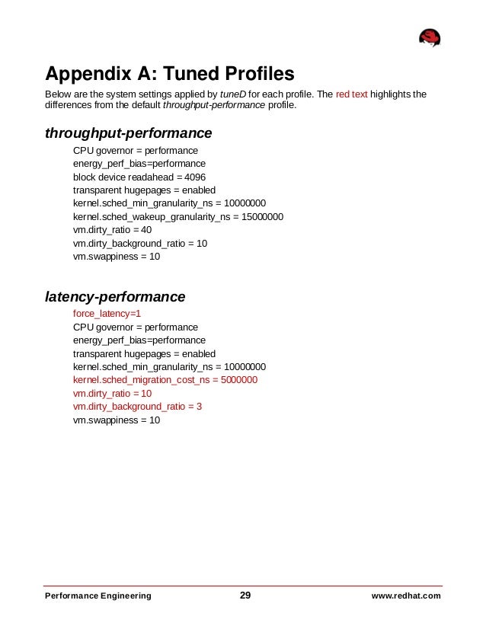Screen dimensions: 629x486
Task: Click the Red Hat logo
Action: pyautogui.click(x=430, y=38)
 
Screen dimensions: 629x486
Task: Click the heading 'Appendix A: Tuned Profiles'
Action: pyautogui.click(x=169, y=74)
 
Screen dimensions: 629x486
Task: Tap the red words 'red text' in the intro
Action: pyautogui.click(x=353, y=94)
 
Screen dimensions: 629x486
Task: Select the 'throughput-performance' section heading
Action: pyautogui.click(x=128, y=133)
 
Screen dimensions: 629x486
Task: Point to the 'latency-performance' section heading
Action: pyautogui.click(x=115, y=295)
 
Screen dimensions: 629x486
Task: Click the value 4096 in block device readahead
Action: pyautogui.click(x=196, y=176)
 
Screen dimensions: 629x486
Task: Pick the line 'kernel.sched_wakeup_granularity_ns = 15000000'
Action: pyautogui.click(x=178, y=217)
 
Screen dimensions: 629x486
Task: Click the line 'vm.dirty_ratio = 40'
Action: pyautogui.click(x=112, y=230)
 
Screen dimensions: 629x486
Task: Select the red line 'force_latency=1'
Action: pyautogui.click(x=107, y=313)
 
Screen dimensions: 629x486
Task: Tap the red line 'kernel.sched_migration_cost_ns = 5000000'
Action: pyautogui.click(x=165, y=379)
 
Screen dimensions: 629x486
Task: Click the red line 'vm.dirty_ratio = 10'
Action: pyautogui.click(x=112, y=393)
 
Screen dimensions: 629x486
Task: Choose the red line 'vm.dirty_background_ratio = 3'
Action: pyautogui.click(x=137, y=407)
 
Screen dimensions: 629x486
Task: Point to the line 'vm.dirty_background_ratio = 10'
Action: pyautogui.click(x=140, y=244)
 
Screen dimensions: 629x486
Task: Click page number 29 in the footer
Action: pyautogui.click(x=245, y=595)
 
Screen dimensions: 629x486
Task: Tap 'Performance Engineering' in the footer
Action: pyautogui.click(x=98, y=596)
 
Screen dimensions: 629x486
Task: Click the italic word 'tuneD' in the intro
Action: pyautogui.click(x=233, y=94)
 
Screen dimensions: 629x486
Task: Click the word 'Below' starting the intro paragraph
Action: pyautogui.click(x=59, y=94)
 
